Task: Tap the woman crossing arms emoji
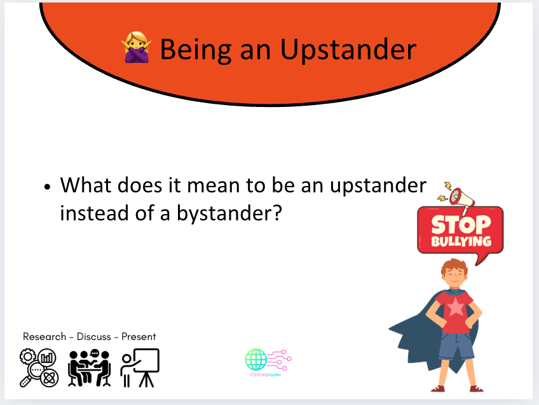(135, 49)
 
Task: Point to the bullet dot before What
(47, 188)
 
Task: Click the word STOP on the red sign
(461, 225)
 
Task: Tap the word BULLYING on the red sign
(461, 241)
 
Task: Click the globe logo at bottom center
(257, 360)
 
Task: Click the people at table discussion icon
(90, 368)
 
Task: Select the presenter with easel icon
(140, 368)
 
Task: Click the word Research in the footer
(45, 336)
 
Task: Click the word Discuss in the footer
(94, 336)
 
